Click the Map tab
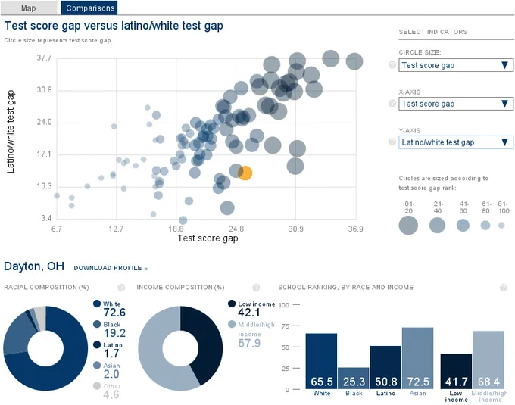[29, 8]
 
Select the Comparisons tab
[89, 8]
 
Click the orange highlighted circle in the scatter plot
[245, 173]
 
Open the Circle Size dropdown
[456, 65]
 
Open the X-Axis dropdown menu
[456, 104]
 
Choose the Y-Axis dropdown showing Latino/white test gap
[456, 142]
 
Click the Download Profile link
[111, 268]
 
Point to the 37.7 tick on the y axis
[44, 58]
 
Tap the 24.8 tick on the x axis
[236, 229]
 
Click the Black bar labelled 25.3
[354, 379]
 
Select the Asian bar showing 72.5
[418, 358]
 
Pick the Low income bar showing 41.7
[456, 372]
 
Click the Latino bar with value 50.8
[385, 368]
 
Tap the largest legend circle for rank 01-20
[408, 226]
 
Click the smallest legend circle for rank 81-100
[501, 226]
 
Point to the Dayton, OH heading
[34, 266]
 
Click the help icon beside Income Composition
[256, 288]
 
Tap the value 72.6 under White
[114, 313]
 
